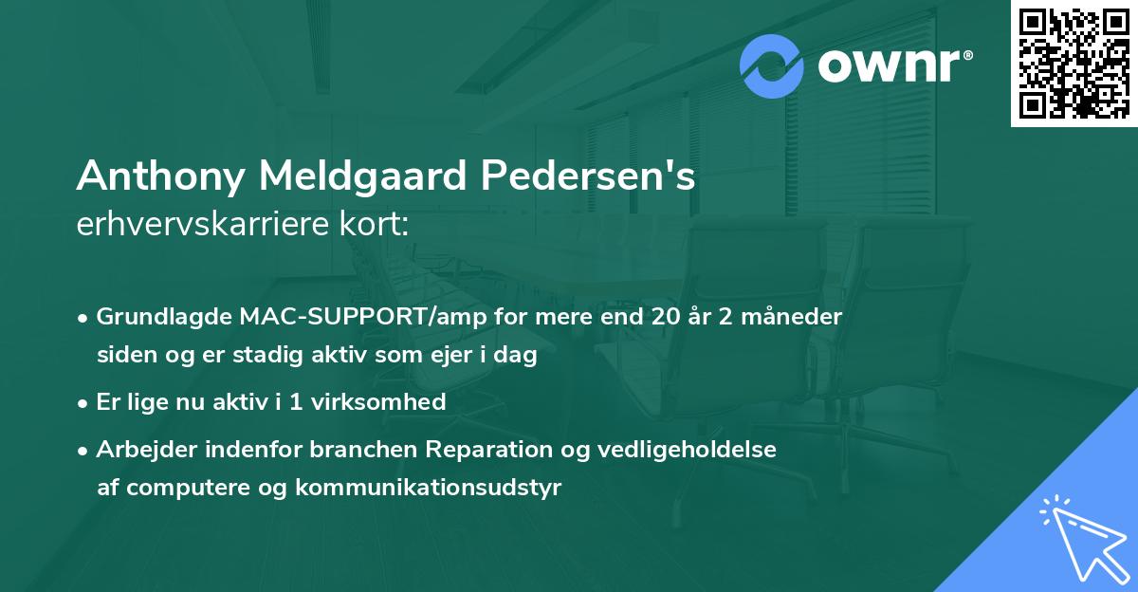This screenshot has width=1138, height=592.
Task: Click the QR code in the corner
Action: pyautogui.click(x=1074, y=63)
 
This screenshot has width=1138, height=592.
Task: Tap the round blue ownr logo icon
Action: pyautogui.click(x=772, y=66)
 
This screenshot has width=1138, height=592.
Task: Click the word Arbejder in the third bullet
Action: pyautogui.click(x=139, y=449)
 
